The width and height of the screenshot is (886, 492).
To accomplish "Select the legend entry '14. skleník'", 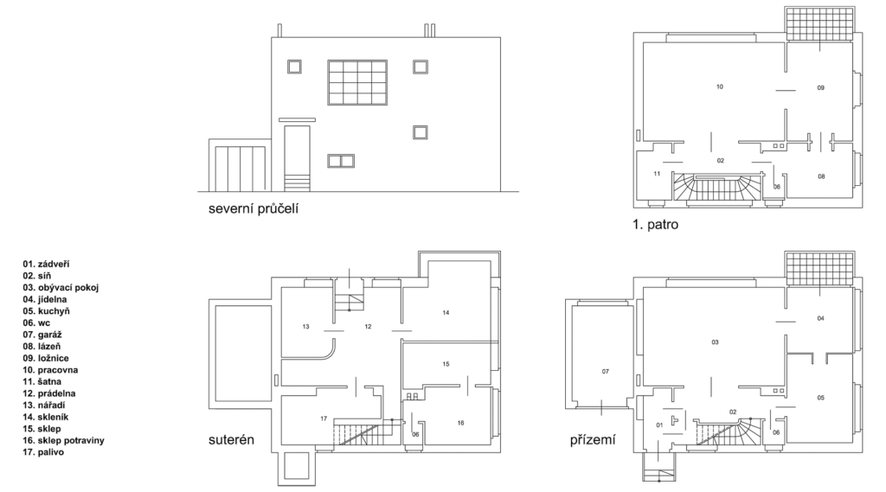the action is coord(46,417).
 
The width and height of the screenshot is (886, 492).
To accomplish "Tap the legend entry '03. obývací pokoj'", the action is coord(61,288).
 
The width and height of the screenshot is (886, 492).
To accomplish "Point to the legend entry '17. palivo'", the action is coord(43,452).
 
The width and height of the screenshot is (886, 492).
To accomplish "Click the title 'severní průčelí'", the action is coord(254,209).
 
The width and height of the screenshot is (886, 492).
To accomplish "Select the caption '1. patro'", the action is coord(656,224).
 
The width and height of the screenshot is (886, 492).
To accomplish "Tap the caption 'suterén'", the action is coord(231,439).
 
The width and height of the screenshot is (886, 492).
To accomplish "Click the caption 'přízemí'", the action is coord(593,439).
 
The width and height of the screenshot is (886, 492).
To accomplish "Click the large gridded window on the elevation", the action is coord(357,82).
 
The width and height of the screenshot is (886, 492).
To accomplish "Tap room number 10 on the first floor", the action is coord(719,86).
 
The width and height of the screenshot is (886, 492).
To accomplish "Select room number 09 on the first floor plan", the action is coord(821,87).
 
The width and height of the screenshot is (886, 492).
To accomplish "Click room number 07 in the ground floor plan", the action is coord(606,372).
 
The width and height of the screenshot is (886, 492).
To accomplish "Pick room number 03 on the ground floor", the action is coord(715,342).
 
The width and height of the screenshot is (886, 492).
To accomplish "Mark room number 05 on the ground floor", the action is coord(820,398).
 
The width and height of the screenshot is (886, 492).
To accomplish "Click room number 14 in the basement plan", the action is coord(446,312).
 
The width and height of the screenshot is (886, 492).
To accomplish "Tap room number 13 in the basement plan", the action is coord(305,327).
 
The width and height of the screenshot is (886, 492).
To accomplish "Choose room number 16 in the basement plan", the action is coord(460,423).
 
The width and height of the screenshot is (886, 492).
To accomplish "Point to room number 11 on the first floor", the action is coord(657,174).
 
